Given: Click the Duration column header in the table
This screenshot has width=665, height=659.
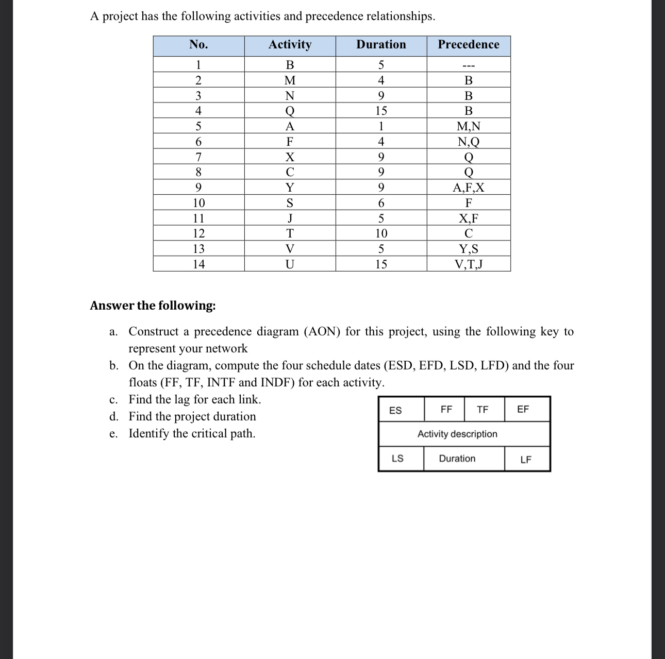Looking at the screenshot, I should [x=381, y=45].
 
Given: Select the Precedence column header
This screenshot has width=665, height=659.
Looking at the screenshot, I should [x=469, y=45].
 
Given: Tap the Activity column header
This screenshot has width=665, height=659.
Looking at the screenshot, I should [x=290, y=45].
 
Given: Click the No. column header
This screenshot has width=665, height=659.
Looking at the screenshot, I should [x=198, y=45].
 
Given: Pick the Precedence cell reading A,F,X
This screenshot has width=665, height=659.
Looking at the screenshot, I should [x=469, y=188].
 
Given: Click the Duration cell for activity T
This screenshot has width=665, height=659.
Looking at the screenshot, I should [x=381, y=233].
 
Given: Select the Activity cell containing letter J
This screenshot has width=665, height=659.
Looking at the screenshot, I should [x=290, y=218].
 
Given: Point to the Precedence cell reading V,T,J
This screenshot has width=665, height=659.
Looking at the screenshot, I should [x=469, y=264].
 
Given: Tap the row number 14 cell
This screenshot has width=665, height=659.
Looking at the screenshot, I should [x=198, y=264].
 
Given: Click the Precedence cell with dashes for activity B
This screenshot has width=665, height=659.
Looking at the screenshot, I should [x=469, y=65].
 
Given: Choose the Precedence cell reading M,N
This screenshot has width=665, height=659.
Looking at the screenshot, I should [x=469, y=126].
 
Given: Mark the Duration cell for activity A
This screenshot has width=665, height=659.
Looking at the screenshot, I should [x=381, y=126].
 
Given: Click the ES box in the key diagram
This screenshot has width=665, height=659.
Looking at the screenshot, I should [x=395, y=410].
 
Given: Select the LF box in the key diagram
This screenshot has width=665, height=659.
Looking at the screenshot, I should [x=526, y=460].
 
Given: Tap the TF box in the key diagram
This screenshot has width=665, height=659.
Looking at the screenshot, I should [x=483, y=410].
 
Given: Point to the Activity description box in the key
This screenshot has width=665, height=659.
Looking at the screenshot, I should [x=457, y=434].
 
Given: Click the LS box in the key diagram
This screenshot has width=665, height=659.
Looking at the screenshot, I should [x=397, y=458].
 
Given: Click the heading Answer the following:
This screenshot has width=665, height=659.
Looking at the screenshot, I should [x=153, y=306].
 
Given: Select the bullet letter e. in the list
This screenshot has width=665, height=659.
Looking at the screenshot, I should [x=114, y=434].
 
